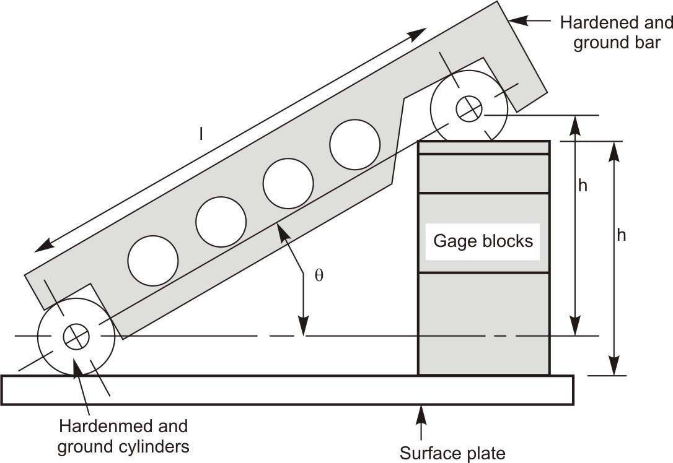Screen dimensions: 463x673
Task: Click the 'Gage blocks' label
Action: pos(483,241)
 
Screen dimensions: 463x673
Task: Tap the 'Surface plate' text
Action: pos(452,453)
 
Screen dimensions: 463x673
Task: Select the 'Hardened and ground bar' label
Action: pos(616,33)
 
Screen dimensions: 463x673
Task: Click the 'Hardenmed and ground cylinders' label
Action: pos(123,436)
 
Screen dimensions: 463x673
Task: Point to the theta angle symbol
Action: pos(319,276)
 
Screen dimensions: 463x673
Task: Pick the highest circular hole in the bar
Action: pos(354,144)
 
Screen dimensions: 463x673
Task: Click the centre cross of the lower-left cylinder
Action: pos(76,336)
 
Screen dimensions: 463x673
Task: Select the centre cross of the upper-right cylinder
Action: pos(469,109)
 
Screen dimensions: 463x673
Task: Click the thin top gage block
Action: pos(483,147)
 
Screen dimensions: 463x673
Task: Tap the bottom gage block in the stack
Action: pos(483,323)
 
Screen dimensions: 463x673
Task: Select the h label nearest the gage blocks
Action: pos(583,186)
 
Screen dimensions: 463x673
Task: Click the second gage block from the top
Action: pos(483,173)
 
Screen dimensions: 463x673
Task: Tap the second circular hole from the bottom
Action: pos(221,222)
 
